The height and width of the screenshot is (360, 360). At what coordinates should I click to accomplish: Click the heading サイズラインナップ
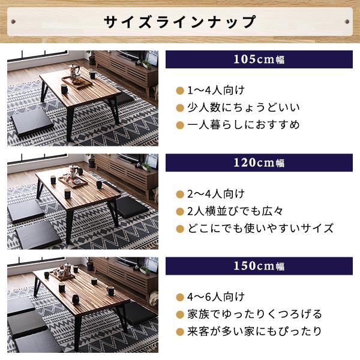[180, 22]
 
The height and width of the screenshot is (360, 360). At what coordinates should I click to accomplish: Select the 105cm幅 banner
[259, 59]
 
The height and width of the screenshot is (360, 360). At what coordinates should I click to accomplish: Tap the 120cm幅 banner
[259, 163]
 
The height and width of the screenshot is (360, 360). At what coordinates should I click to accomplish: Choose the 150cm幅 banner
[259, 266]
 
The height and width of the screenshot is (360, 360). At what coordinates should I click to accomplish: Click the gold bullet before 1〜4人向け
[179, 91]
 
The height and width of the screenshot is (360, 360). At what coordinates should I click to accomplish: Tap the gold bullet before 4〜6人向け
[179, 297]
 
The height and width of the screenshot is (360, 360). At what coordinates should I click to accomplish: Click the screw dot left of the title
[13, 22]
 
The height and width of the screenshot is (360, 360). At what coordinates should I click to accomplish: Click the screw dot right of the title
[347, 22]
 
